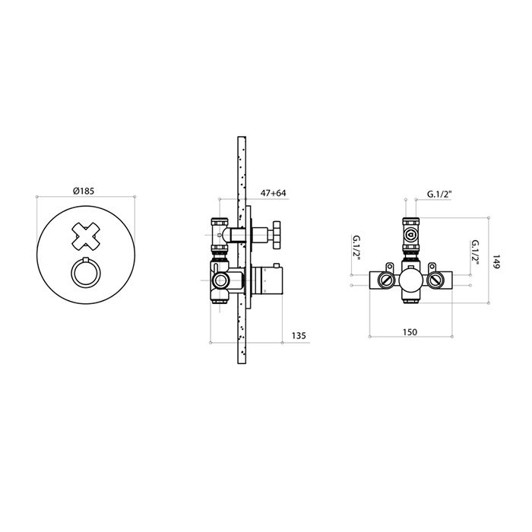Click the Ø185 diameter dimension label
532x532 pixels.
84,191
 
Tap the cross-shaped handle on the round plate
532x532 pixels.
86,236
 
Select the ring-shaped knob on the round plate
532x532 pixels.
86,273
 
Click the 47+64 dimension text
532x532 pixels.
273,193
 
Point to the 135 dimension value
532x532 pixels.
299,336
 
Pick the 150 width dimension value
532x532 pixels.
410,332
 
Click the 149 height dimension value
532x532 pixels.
496,261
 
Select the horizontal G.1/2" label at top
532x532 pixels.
440,195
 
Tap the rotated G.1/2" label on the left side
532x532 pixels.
356,249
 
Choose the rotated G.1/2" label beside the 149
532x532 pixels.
475,253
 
